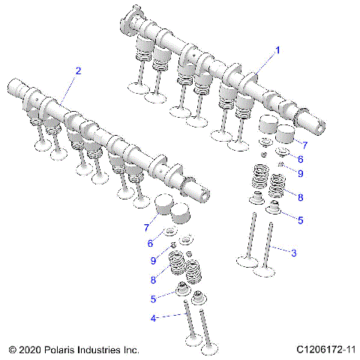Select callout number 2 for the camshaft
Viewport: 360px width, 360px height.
tap(77, 70)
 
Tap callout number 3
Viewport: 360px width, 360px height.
tap(293, 253)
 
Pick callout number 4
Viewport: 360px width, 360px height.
tap(154, 317)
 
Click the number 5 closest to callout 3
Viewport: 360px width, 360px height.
tap(301, 220)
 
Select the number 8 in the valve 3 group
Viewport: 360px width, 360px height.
tap(301, 198)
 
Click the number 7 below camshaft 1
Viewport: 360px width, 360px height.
tap(304, 142)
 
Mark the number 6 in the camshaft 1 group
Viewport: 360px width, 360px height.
tap(300, 159)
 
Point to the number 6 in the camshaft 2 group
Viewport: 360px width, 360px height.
tap(150, 244)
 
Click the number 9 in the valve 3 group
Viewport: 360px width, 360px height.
tap(300, 173)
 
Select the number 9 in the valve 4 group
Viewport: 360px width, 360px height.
tap(154, 260)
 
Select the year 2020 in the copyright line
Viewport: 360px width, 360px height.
tap(31, 349)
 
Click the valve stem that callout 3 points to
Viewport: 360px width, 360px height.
tap(268, 247)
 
